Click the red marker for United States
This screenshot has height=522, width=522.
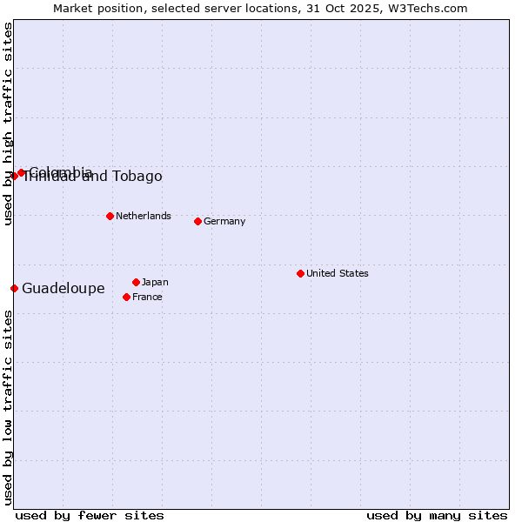click(300, 273)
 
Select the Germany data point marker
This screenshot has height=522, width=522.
click(197, 221)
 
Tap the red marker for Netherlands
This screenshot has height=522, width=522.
click(110, 216)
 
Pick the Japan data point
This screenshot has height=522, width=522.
click(136, 282)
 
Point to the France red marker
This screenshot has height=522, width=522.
click(126, 297)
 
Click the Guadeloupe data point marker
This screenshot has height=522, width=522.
click(14, 288)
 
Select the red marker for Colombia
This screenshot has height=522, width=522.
click(21, 172)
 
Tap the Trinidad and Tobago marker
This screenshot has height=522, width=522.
click(14, 176)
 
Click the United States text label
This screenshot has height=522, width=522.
click(338, 273)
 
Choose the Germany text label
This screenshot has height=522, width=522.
click(224, 221)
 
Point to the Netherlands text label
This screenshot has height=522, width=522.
click(144, 216)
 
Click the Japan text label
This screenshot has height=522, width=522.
click(155, 282)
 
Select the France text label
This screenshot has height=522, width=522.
click(147, 297)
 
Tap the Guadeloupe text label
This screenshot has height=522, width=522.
click(64, 288)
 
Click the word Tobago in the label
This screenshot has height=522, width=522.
click(138, 177)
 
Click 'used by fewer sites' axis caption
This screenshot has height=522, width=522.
click(90, 515)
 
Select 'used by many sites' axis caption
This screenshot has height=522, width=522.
click(437, 515)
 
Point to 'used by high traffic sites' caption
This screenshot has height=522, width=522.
click(9, 124)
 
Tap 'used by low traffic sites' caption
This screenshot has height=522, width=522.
click(9, 407)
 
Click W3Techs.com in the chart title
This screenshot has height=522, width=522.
click(429, 8)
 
